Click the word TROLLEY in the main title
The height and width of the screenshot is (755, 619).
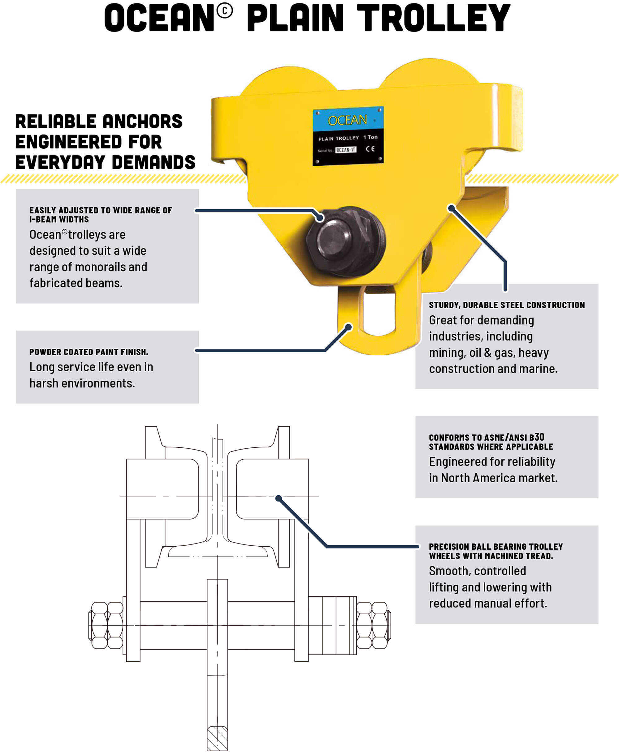(x=434, y=18)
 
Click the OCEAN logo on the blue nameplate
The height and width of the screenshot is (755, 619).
(x=347, y=120)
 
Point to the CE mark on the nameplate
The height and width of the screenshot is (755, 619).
(x=370, y=149)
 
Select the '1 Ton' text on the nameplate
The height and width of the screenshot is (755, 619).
(x=370, y=137)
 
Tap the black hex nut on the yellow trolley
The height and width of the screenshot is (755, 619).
(x=345, y=241)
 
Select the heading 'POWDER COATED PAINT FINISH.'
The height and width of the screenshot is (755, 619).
(x=89, y=352)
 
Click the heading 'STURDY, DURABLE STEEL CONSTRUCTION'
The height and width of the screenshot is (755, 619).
(x=507, y=305)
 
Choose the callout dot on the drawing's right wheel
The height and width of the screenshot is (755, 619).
(x=279, y=498)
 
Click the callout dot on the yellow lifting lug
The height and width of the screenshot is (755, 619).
(x=349, y=326)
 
